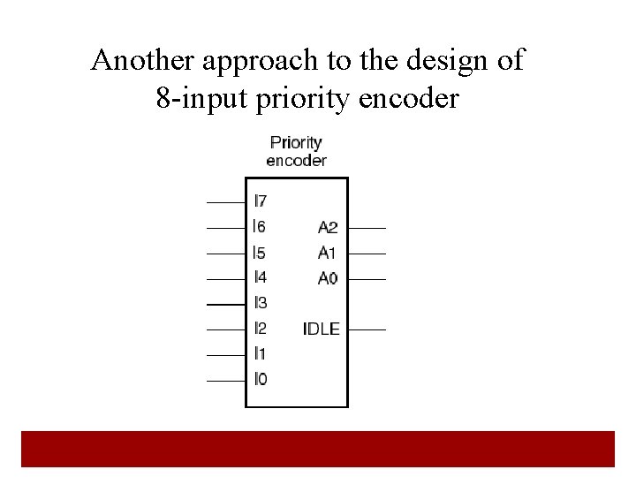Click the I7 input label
[260, 201]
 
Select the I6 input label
[260, 227]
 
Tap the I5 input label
[260, 253]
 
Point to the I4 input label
[260, 277]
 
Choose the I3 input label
[260, 303]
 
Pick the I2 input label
[260, 329]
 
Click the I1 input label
[260, 353]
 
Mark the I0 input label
[260, 379]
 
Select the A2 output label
[328, 228]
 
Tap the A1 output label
[328, 253]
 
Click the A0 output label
[328, 278]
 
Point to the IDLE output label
[322, 329]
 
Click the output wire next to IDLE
[367, 329]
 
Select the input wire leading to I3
[225, 304]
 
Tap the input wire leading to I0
[225, 381]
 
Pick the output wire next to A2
[367, 228]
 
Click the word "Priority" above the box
[296, 142]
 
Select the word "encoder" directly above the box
[296, 161]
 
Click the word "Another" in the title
[145, 61]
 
